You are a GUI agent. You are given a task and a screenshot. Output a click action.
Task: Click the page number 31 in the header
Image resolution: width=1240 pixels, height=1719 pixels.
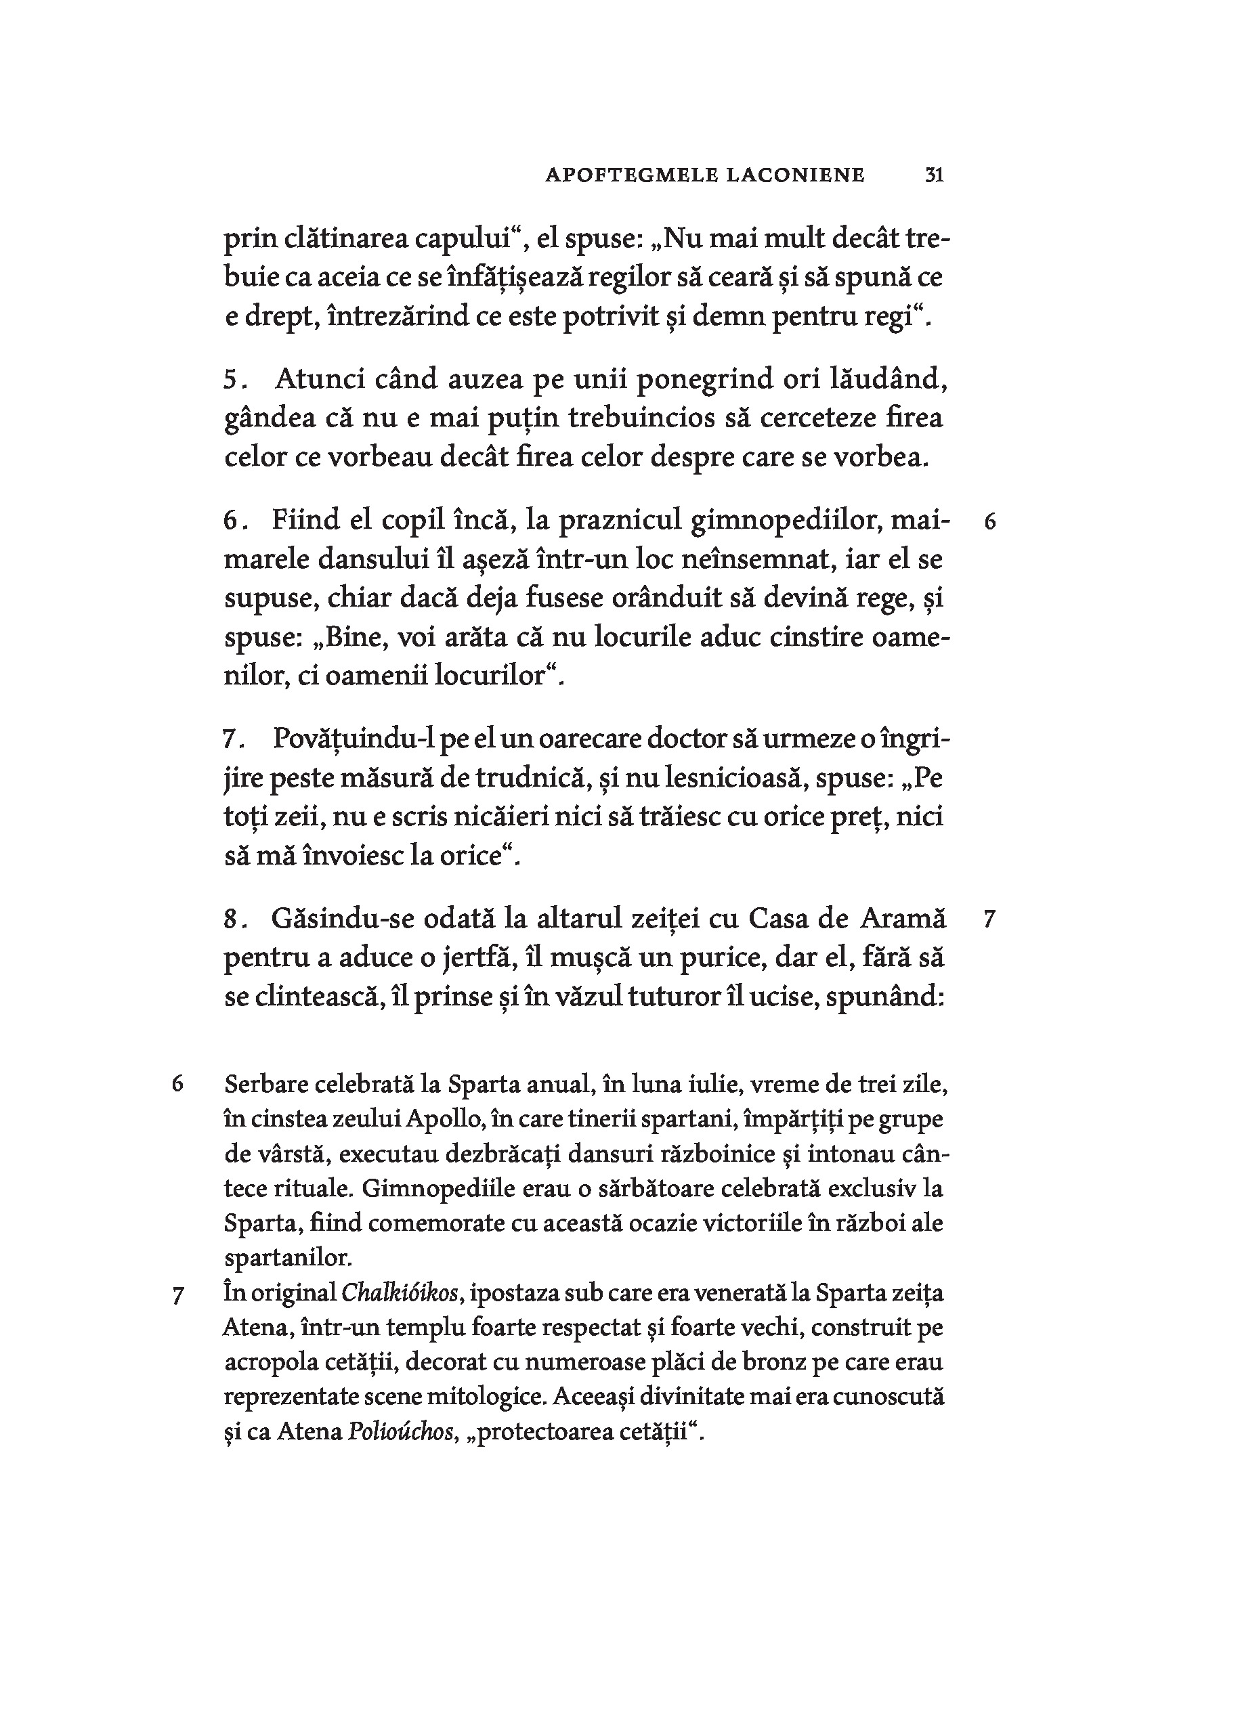coord(934,176)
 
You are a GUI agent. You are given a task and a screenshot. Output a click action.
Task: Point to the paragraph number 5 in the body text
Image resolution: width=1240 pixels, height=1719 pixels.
coord(230,379)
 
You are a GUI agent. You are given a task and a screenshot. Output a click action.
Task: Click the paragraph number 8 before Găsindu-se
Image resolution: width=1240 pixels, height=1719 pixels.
coord(231,920)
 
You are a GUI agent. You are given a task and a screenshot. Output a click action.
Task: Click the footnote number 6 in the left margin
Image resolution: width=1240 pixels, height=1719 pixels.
coord(177,1085)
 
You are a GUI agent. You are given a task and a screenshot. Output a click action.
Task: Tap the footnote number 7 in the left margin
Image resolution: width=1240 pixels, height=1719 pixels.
coord(177,1296)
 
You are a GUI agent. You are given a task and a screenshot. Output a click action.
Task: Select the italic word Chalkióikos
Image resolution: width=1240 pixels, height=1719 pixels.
coord(400,1293)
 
